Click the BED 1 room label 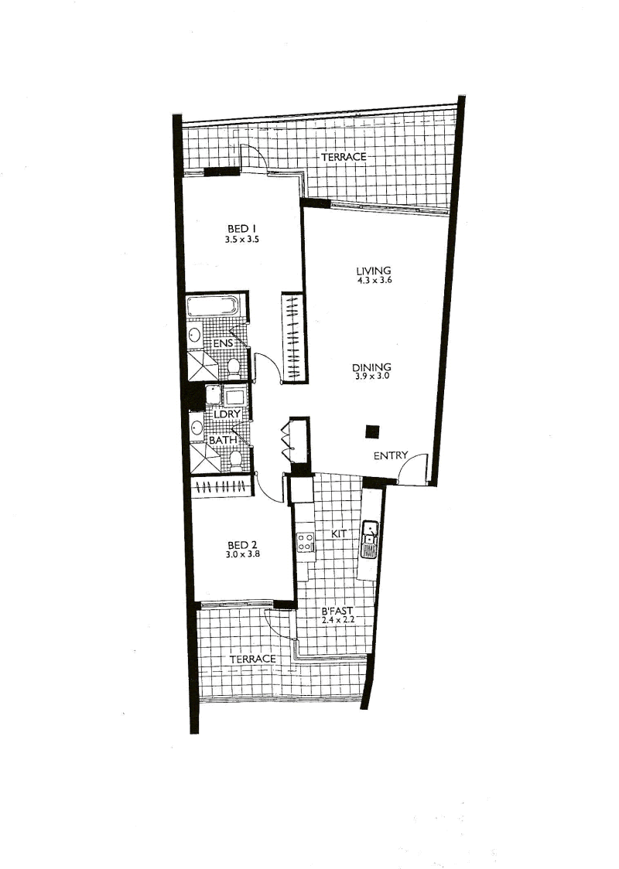[242, 228]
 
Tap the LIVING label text [373, 271]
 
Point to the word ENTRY [391, 455]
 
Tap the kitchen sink [369, 539]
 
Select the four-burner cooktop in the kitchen [305, 541]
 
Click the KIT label [338, 533]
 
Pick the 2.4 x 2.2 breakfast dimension [337, 620]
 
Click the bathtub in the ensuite [213, 306]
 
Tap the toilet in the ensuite [234, 367]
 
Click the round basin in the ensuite [195, 335]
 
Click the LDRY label [227, 414]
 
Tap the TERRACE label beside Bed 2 [252, 659]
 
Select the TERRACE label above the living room [344, 157]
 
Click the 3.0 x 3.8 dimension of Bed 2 [242, 554]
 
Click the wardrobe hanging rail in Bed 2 [222, 487]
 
